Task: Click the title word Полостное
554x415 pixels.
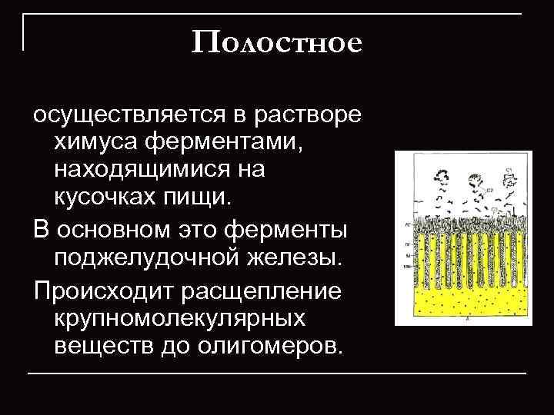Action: [x=276, y=42]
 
